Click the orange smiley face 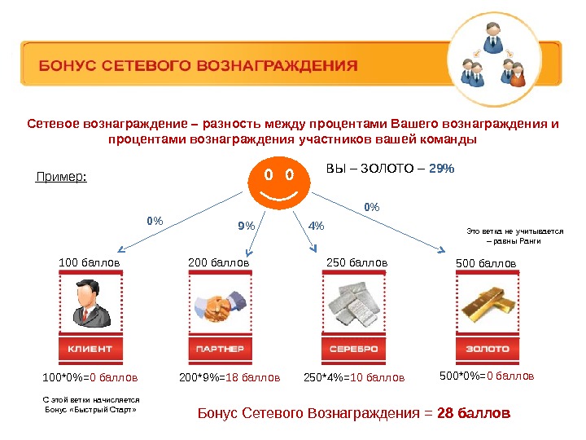point(277,184)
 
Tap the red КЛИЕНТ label point(90,349)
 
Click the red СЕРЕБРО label point(353,349)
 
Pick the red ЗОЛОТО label point(487,349)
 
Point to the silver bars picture point(353,306)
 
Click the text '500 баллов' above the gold point(487,264)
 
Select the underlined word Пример point(63,176)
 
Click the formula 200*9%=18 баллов point(229,378)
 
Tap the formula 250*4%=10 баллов point(353,378)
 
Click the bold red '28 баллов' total point(474,413)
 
